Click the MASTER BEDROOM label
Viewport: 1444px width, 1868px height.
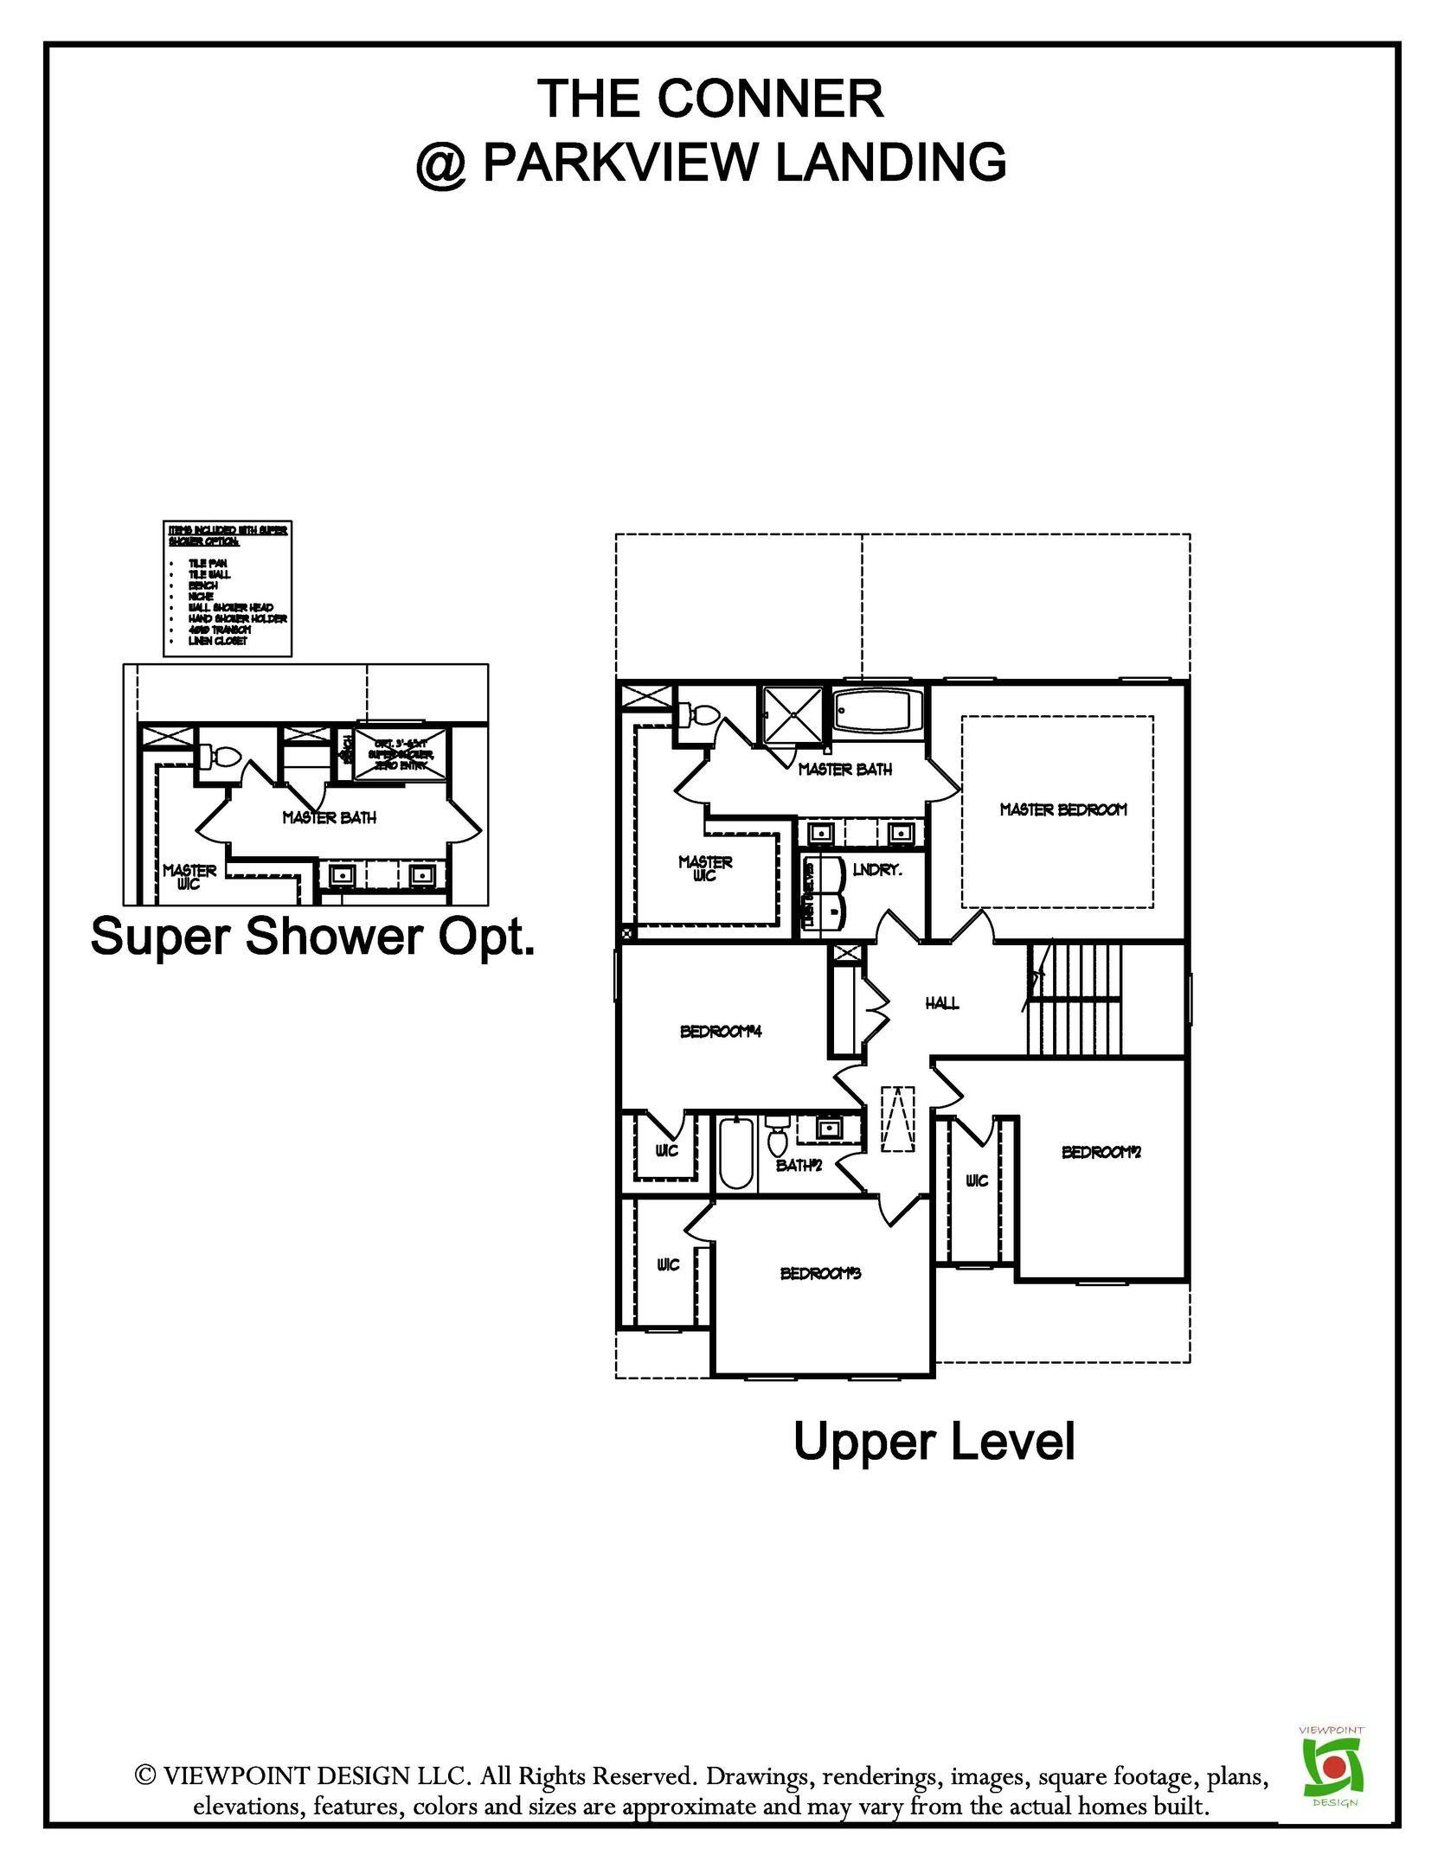coord(1063,809)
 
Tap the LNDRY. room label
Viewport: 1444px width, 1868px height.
coord(877,870)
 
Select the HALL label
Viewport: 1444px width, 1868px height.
coord(942,1003)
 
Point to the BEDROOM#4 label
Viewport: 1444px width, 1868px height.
coord(720,1031)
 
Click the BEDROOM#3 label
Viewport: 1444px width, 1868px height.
coord(820,1273)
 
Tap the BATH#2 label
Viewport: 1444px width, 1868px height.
coord(798,1165)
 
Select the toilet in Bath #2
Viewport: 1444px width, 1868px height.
coord(776,1135)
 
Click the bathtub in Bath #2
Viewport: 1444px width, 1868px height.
coord(737,1154)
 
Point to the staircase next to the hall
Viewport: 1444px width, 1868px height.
coord(1075,1000)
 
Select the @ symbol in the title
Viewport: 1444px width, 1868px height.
coord(442,162)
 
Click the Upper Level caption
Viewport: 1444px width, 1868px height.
coord(934,1441)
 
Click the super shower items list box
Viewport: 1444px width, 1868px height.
coord(227,588)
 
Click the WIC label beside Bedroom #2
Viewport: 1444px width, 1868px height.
coord(976,1180)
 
